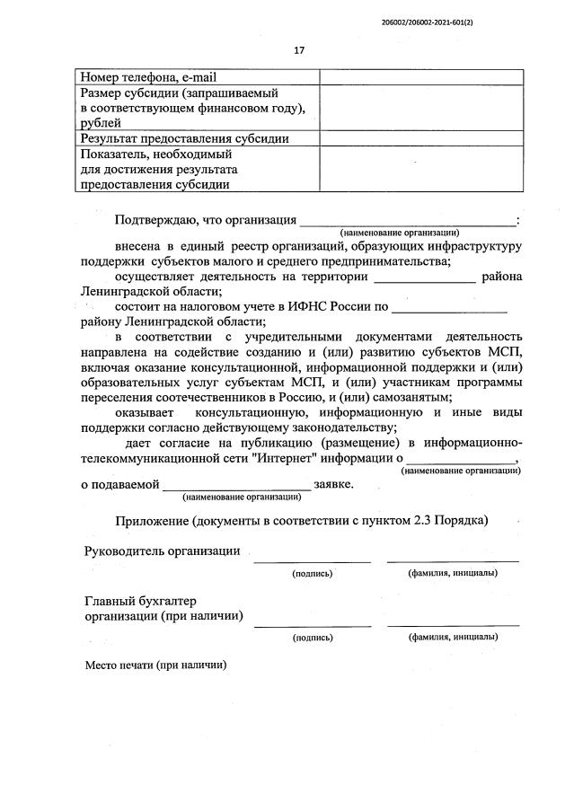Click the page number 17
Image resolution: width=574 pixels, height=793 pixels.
click(299, 50)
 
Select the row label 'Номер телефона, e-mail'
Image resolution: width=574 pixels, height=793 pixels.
click(148, 77)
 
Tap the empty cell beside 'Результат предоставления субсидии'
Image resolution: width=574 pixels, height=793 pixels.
click(421, 139)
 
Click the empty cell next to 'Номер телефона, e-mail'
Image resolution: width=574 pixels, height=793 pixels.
click(421, 77)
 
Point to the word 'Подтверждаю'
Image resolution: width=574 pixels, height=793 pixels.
click(157, 221)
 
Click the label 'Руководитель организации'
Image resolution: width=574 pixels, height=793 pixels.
click(162, 551)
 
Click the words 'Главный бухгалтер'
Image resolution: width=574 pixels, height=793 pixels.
click(139, 601)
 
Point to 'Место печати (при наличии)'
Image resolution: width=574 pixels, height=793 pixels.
click(155, 666)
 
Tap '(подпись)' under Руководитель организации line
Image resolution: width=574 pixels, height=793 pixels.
click(312, 573)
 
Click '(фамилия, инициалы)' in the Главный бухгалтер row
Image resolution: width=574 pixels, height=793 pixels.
click(453, 637)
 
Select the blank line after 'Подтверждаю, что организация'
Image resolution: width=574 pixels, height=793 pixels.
click(407, 222)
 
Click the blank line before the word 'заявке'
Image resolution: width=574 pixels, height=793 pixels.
click(236, 486)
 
